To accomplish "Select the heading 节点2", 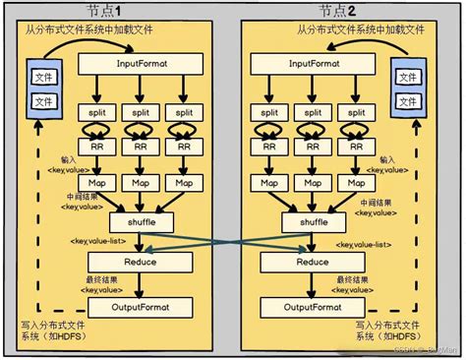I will [x=338, y=11].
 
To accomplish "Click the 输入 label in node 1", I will [x=66, y=157].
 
